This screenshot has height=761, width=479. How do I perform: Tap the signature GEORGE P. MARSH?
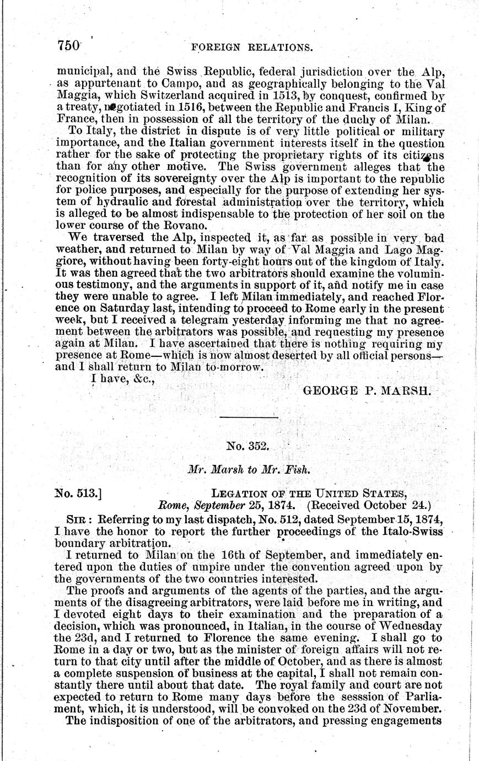click(x=366, y=390)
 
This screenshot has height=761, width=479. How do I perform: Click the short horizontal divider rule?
click(x=249, y=417)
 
